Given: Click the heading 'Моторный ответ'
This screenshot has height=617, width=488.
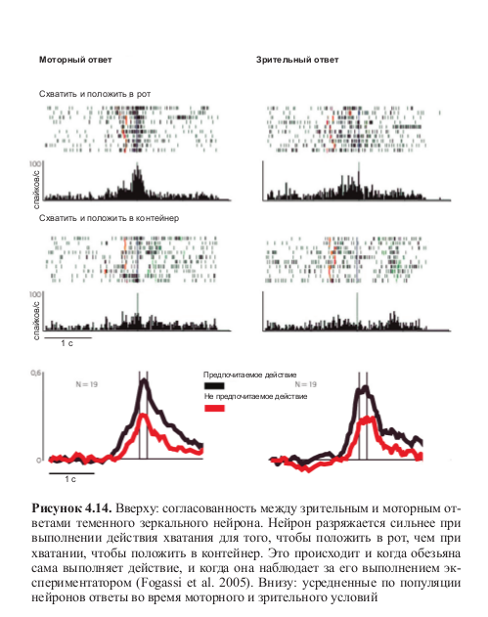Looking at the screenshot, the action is (75, 60).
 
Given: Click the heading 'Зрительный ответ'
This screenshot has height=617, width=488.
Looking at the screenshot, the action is (297, 60).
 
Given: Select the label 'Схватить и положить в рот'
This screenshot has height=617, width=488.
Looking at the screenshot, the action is (95, 94).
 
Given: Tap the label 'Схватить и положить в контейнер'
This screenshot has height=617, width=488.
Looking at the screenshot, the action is (109, 218).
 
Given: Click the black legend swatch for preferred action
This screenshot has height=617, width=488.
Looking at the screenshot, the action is (214, 385).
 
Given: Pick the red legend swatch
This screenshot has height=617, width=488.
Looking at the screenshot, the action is (214, 408).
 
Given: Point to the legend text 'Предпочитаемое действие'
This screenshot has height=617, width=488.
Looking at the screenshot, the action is (250, 375).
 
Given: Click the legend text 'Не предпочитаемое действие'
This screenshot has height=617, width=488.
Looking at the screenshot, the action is (255, 397).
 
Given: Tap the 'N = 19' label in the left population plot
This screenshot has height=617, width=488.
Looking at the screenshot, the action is (87, 384).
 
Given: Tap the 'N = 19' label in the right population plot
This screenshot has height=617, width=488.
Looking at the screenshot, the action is (306, 384).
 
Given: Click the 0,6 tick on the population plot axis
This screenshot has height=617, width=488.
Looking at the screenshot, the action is (35, 373).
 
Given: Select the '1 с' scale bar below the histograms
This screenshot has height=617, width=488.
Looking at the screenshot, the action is (67, 337).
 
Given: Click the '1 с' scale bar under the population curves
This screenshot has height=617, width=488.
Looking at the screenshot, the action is (71, 473).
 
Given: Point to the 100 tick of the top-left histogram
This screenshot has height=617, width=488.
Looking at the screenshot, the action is (34, 163).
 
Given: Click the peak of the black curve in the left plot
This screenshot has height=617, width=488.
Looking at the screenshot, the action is (144, 380).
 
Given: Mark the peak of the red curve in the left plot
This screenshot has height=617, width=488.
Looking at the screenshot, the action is (143, 416).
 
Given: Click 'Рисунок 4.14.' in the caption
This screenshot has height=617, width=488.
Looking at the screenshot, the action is (72, 508).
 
